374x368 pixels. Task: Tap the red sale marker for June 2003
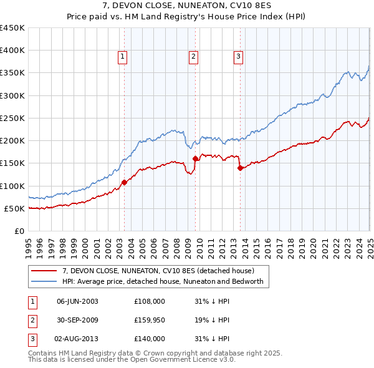[x=124, y=182]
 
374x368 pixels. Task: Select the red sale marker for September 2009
[x=196, y=158]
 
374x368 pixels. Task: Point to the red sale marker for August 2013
[x=239, y=167]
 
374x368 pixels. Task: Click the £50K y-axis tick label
[x=15, y=208]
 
